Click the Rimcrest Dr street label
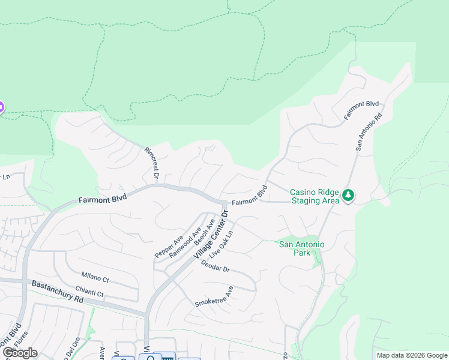click(x=151, y=163)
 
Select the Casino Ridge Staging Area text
click(x=315, y=196)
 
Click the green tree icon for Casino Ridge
click(x=348, y=196)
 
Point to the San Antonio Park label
click(x=302, y=248)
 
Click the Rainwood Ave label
click(x=185, y=242)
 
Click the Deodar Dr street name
click(x=215, y=266)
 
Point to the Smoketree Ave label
click(x=214, y=297)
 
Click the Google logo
click(x=20, y=353)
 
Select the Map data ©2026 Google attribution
click(x=412, y=355)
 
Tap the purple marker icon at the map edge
click(x=1, y=108)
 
